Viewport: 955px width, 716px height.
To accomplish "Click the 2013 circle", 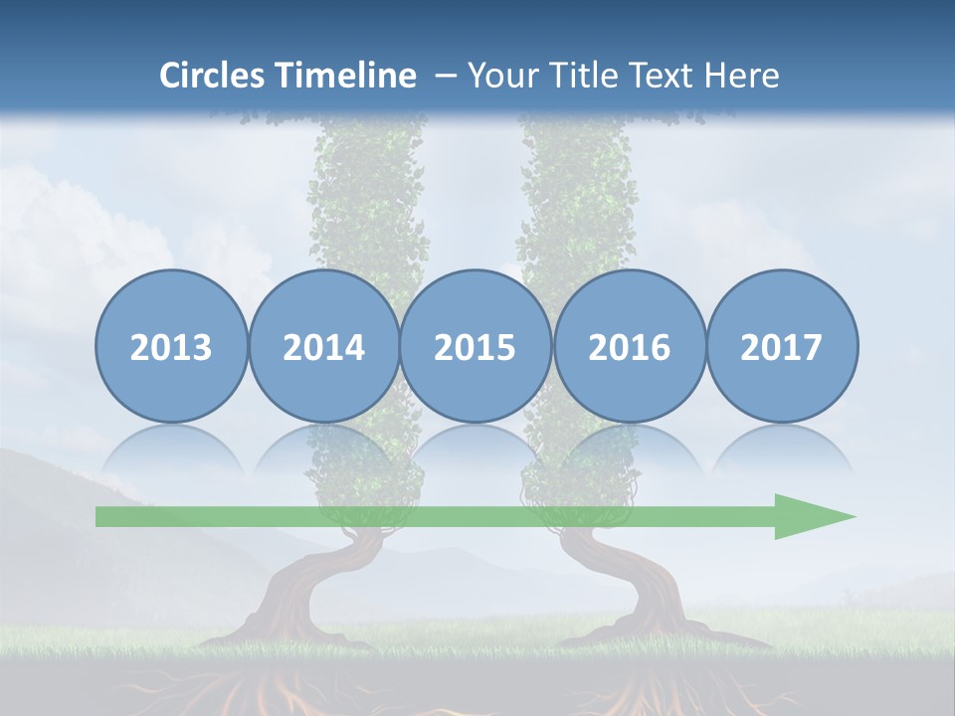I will (171, 346).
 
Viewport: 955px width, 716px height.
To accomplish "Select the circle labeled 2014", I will (324, 346).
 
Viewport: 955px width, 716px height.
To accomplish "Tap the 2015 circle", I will (476, 346).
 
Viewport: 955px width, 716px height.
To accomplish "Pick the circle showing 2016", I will (629, 346).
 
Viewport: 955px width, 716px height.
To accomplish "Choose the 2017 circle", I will (782, 346).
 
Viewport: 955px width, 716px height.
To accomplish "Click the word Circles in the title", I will (213, 76).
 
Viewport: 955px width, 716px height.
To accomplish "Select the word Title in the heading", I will (585, 76).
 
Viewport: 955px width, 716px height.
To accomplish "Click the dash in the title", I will (445, 76).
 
